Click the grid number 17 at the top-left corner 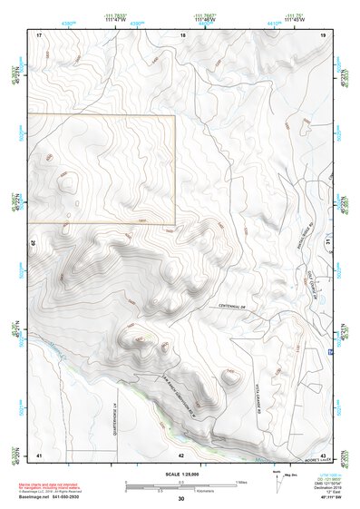pos(40,34)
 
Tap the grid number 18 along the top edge pos(183,34)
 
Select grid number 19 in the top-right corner pos(324,34)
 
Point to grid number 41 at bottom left pos(39,454)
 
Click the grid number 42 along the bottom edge pos(181,454)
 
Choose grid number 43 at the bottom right pos(323,454)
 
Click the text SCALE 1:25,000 pos(181,475)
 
